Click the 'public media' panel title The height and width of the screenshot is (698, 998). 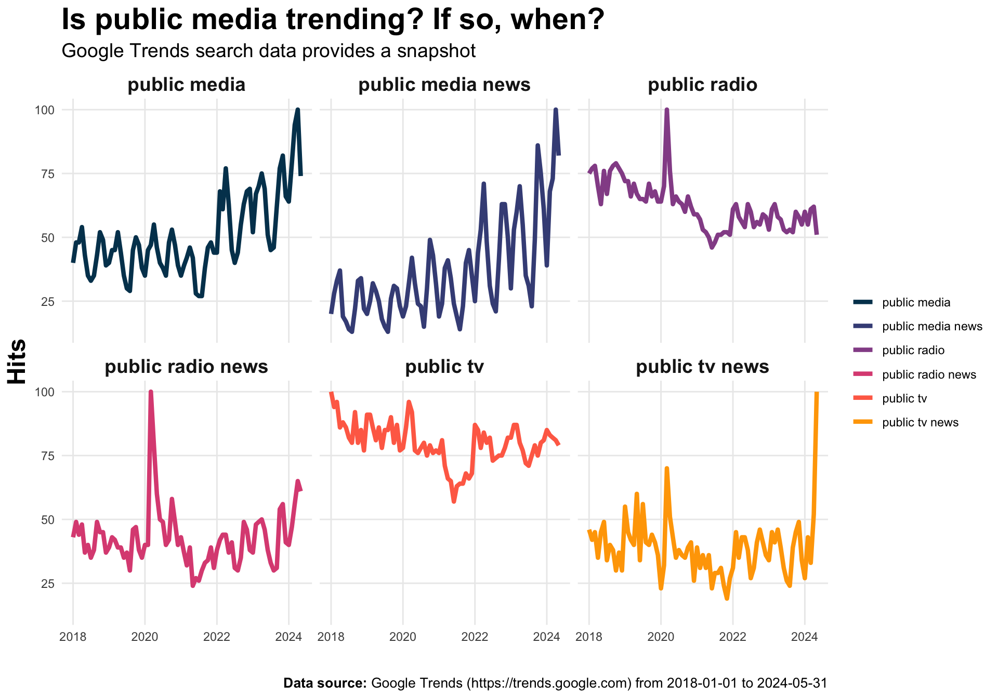[186, 85]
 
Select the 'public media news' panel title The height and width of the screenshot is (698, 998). [444, 85]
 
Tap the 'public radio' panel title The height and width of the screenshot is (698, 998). [702, 85]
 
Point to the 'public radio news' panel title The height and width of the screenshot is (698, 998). [186, 367]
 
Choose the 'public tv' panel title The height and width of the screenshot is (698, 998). [444, 367]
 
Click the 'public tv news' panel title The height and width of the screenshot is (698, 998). [702, 367]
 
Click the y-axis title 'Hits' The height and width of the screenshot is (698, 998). [18, 361]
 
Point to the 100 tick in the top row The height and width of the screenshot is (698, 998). [44, 110]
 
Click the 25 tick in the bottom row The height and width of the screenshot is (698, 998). [47, 584]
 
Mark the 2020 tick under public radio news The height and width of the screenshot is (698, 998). [145, 637]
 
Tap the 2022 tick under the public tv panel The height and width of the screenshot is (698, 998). [475, 637]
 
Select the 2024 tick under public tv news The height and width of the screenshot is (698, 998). [804, 637]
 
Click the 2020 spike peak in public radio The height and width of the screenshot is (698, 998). [666, 110]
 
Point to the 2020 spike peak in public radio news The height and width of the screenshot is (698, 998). [151, 392]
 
